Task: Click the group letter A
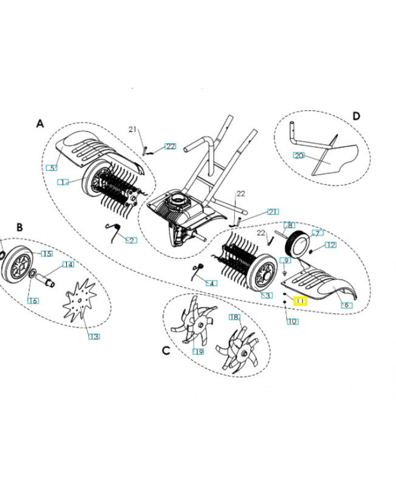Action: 40,123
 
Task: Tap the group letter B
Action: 19,227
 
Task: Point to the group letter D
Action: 356,116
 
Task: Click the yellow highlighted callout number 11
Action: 301,300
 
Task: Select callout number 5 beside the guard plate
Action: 52,168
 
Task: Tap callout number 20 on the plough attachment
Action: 298,155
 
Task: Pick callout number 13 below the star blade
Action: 94,336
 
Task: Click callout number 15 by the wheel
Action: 46,253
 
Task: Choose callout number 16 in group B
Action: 33,301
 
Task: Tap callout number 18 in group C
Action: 234,317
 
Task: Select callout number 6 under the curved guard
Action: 346,305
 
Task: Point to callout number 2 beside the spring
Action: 131,240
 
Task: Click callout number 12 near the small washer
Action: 330,245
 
